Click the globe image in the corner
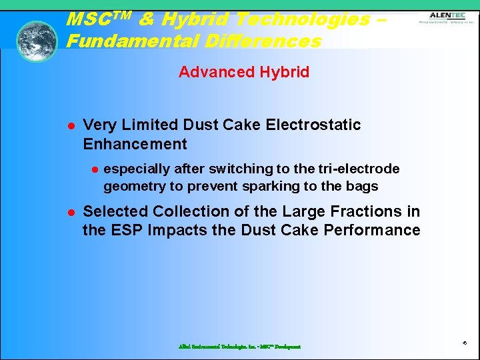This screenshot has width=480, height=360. [37, 41]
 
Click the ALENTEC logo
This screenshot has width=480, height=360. [447, 17]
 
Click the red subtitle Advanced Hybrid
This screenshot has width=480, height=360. [244, 72]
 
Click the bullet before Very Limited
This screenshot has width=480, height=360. [69, 125]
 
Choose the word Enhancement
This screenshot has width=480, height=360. [135, 144]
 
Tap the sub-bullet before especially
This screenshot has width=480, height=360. [95, 169]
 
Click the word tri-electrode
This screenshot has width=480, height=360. [361, 169]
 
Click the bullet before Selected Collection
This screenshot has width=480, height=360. [69, 212]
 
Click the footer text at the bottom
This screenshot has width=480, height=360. [239, 347]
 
